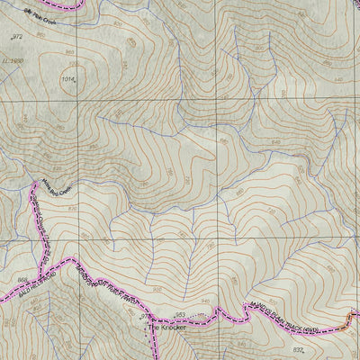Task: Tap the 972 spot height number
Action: pos(17,37)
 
